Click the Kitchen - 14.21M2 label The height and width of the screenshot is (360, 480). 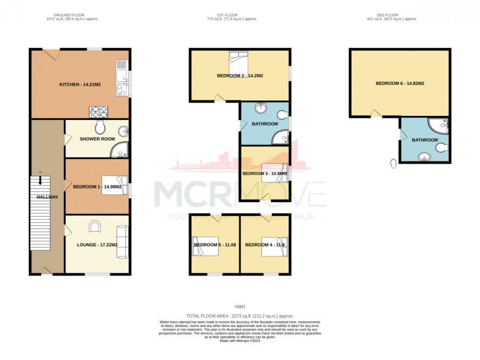[80, 85]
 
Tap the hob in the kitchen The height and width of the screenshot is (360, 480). [97, 112]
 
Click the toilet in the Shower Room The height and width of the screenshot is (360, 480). [100, 127]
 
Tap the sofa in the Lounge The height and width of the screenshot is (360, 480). [122, 241]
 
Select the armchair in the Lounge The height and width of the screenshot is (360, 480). [95, 226]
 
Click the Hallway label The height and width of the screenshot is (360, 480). [47, 197]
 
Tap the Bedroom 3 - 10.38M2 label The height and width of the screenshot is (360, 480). [264, 173]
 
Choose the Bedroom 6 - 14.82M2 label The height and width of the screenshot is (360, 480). [400, 84]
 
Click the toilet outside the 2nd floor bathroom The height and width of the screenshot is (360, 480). [394, 163]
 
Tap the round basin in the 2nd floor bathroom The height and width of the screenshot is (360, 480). [425, 156]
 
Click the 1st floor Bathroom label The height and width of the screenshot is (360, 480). [264, 124]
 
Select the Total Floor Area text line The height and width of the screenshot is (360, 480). [240, 316]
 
